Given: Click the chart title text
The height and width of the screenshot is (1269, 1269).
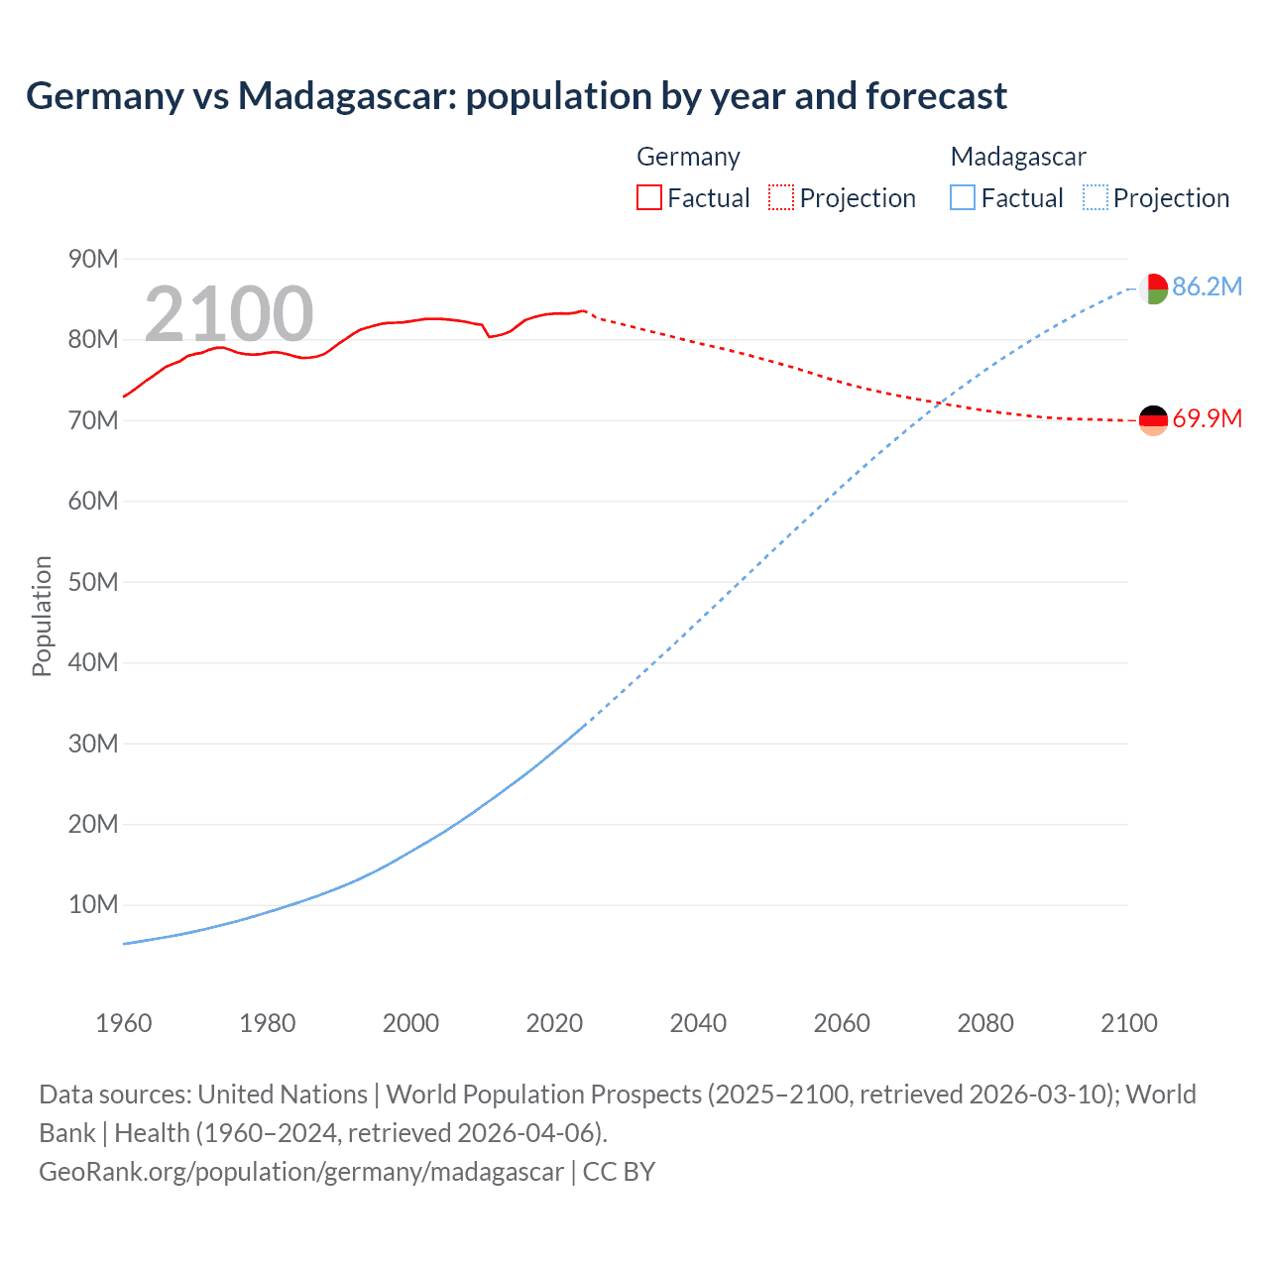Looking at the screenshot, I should point(516,96).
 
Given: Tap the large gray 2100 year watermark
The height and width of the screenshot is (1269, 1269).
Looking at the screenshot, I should point(229,314).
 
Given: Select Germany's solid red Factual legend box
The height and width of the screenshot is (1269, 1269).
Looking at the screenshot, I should point(648,198).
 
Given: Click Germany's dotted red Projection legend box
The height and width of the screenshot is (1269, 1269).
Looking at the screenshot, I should point(781,198).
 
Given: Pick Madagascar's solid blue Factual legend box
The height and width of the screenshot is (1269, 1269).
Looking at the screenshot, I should point(962,198).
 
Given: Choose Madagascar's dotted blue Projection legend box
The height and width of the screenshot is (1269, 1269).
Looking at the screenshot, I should point(1095,198).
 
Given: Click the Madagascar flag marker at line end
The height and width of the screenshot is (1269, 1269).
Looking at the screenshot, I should point(1152,288).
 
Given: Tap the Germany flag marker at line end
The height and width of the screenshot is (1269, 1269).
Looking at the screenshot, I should point(1152,420).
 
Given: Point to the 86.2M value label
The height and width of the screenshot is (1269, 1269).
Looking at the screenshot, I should point(1207,288).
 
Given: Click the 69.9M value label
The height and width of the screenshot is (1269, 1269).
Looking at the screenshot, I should point(1207,419).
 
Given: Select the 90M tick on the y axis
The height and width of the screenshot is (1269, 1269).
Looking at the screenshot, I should point(93,260).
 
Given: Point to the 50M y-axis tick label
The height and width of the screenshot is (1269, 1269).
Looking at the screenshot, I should point(93,582).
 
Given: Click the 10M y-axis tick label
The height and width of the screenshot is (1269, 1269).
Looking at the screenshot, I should point(93,905).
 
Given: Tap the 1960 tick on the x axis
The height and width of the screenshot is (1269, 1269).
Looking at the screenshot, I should point(124,1023).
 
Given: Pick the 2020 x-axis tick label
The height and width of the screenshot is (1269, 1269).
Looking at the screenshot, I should point(554,1023).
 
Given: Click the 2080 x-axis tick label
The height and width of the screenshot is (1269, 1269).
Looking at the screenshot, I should point(985,1023).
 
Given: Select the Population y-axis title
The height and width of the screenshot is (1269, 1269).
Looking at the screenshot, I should point(42,616).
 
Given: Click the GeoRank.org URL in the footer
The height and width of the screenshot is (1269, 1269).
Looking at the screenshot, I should point(301,1172).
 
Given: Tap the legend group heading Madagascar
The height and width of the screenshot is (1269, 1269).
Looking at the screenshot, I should point(1018,157).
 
